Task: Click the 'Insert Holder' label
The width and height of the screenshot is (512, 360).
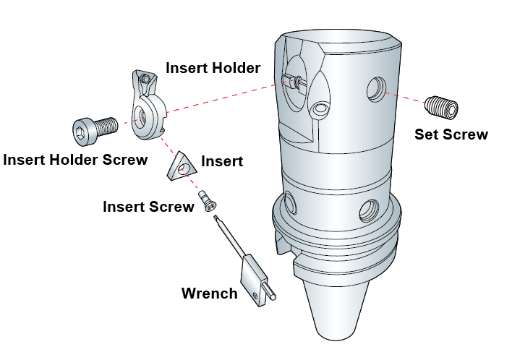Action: [213, 68]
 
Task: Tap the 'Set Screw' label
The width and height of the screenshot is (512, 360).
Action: [451, 134]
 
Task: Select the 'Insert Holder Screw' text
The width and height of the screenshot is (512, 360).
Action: [75, 160]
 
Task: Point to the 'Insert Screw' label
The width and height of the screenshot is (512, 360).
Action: [148, 207]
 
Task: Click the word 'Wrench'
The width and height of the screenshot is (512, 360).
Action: [209, 293]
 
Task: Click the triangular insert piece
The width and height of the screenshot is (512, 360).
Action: [182, 166]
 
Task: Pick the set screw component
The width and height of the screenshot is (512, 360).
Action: [441, 107]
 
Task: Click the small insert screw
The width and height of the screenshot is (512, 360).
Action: [207, 201]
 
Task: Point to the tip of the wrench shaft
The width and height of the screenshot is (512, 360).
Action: [216, 217]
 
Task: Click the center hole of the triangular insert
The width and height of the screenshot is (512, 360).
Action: [182, 169]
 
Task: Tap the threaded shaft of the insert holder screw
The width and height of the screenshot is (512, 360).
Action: [106, 126]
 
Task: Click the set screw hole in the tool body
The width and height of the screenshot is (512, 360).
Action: [376, 89]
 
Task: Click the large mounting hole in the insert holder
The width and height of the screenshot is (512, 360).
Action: [141, 117]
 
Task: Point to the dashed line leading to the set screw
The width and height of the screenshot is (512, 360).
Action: [405, 97]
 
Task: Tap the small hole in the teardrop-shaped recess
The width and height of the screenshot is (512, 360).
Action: [320, 108]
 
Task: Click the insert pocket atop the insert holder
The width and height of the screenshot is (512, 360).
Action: [145, 78]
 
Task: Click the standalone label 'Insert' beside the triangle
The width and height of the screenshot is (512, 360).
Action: [222, 161]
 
